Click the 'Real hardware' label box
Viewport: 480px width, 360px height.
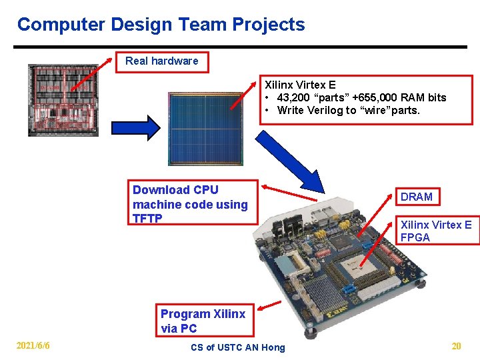[x=162, y=61]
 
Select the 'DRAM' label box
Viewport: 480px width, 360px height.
[x=417, y=197]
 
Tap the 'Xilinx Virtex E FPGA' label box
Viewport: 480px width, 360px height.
[x=436, y=231]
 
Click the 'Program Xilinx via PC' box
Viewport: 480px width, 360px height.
[x=203, y=321]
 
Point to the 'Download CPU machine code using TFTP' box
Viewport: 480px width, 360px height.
[x=193, y=204]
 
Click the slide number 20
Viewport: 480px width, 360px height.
[x=457, y=346]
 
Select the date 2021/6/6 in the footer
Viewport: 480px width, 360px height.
[x=33, y=346]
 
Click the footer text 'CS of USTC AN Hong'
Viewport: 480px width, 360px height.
[x=237, y=347]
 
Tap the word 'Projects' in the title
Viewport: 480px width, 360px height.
[x=269, y=25]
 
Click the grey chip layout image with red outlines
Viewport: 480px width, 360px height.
[x=63, y=101]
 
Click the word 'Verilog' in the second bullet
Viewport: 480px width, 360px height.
[x=325, y=110]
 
